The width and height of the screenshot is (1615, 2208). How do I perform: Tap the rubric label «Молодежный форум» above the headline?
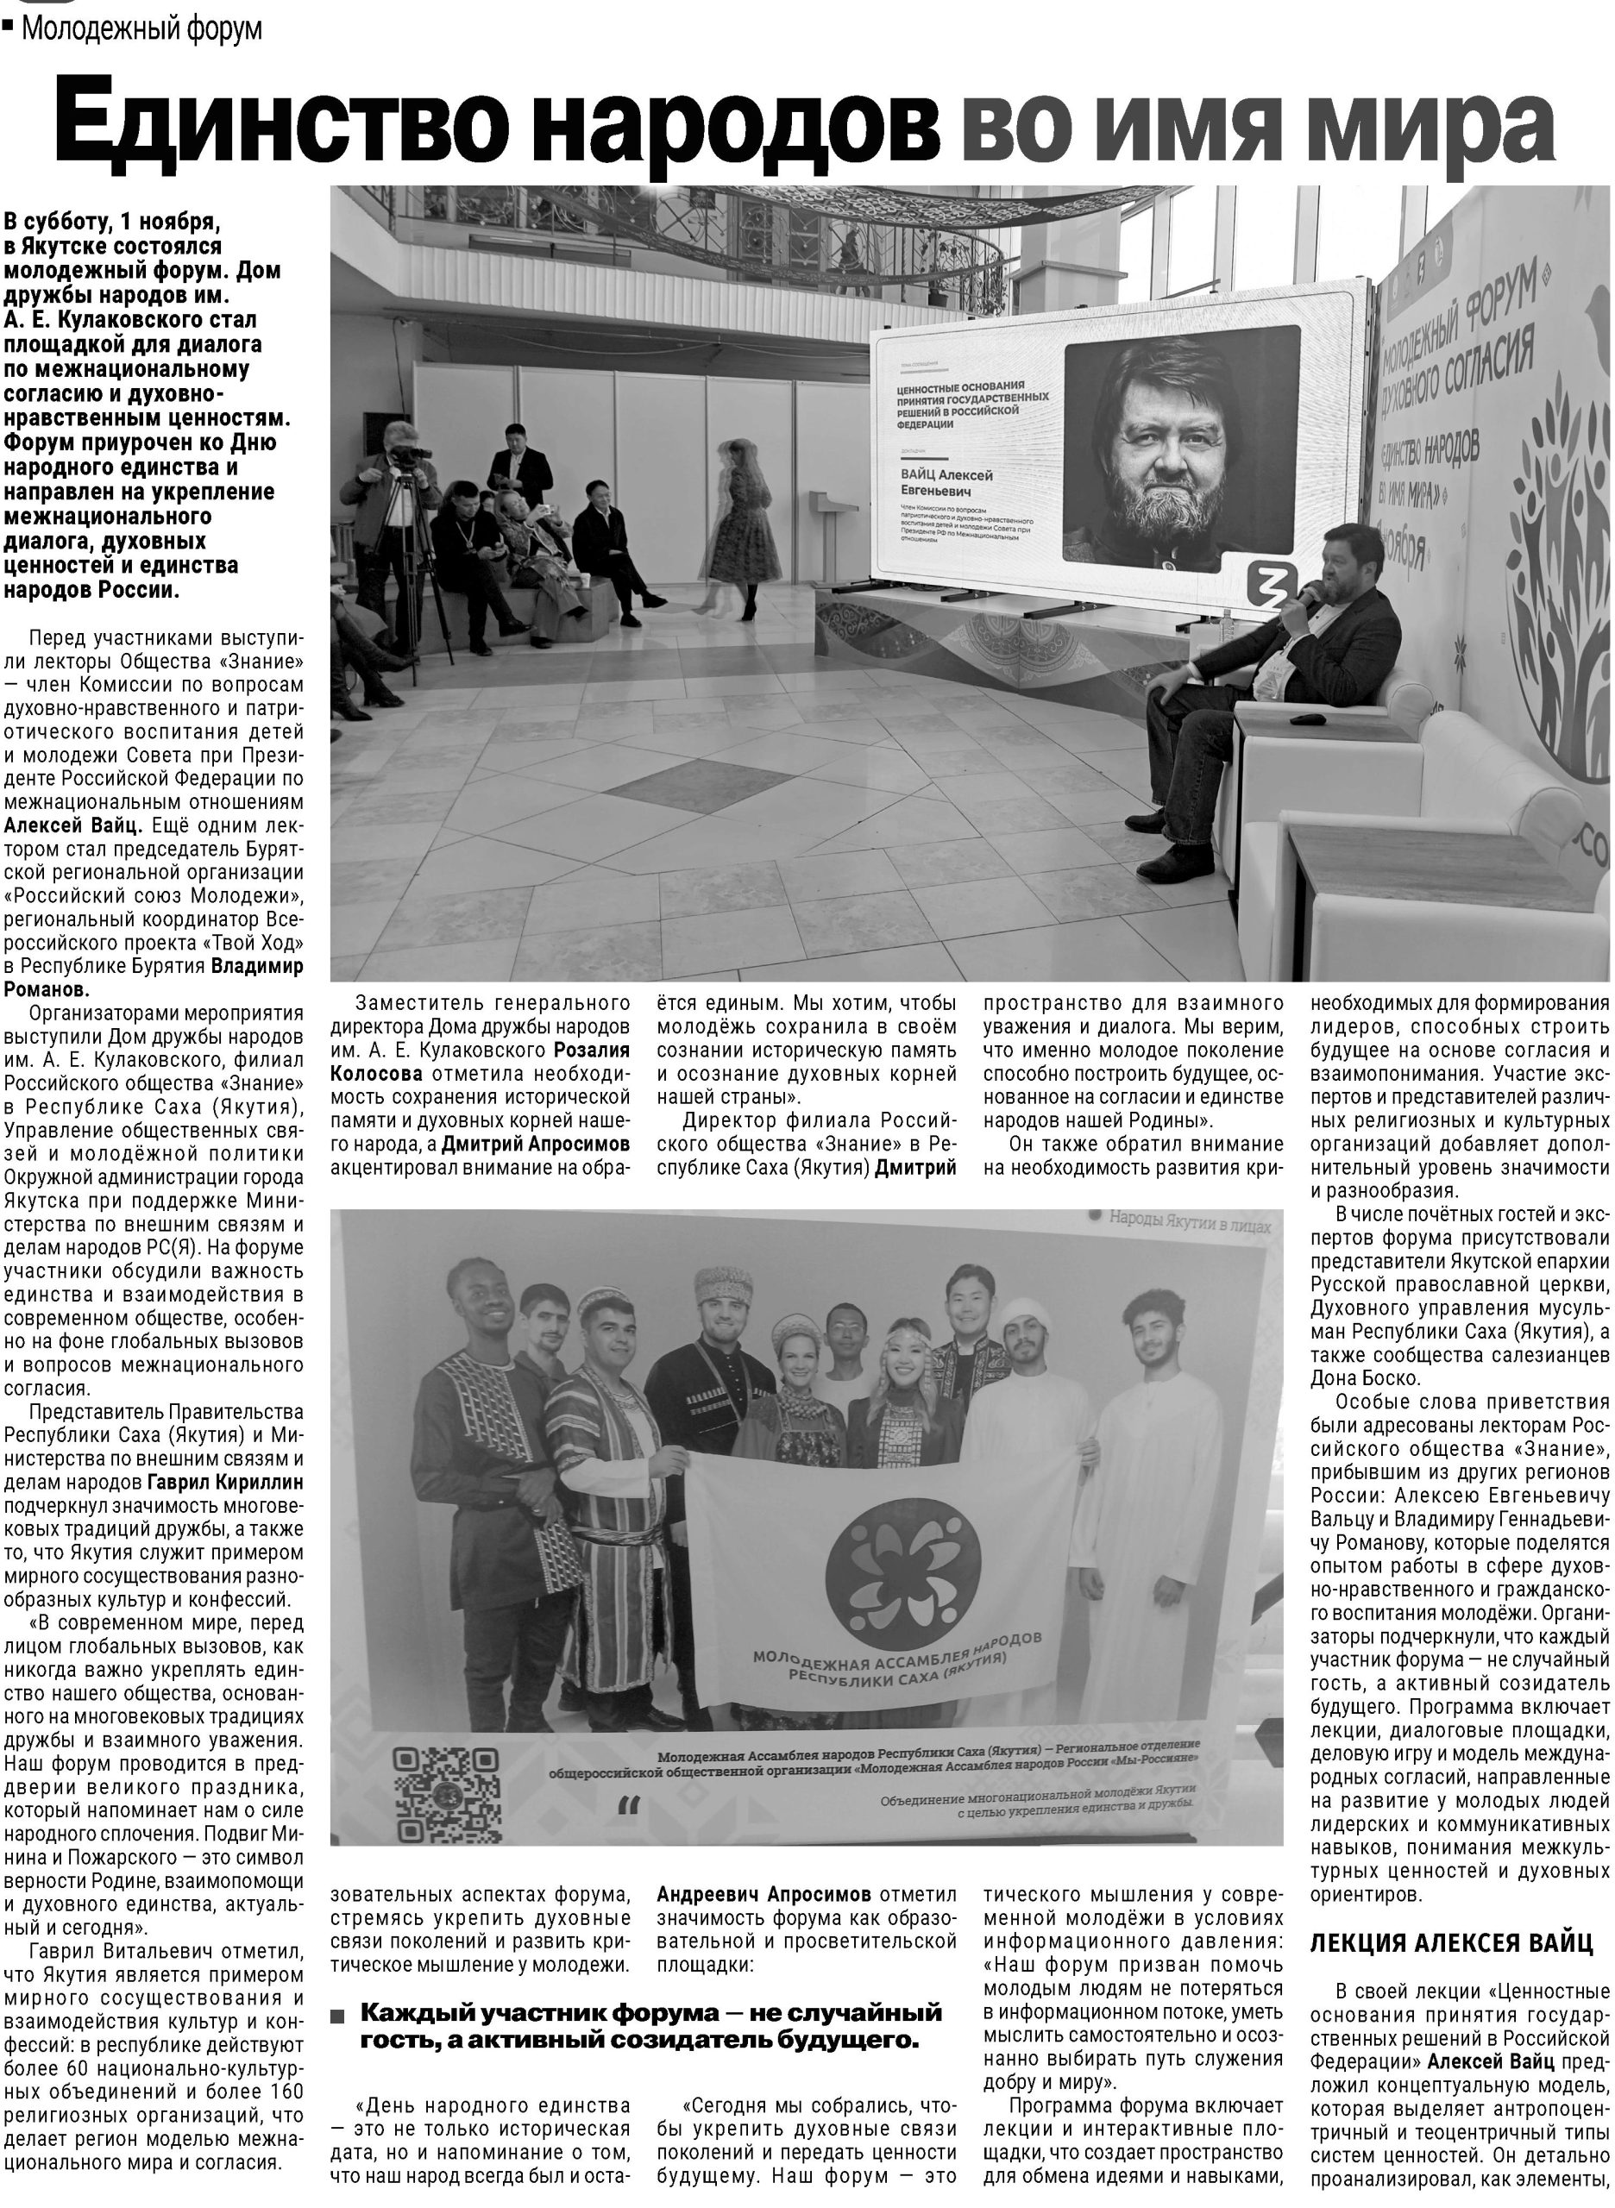tap(141, 28)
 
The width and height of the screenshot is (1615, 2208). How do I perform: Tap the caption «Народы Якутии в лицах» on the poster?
tap(1189, 1223)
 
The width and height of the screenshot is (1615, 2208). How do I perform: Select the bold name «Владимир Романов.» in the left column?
tap(156, 977)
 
